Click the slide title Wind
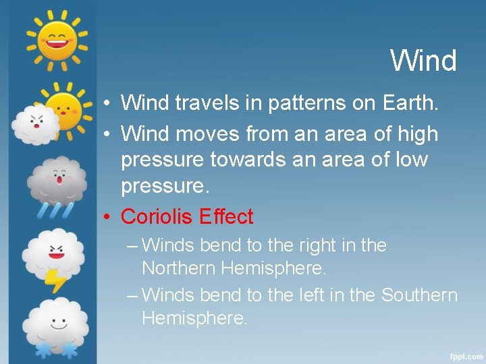click(x=423, y=61)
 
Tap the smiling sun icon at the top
click(x=57, y=38)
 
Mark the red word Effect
click(x=225, y=216)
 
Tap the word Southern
click(x=419, y=295)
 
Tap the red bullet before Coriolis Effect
click(x=107, y=217)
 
